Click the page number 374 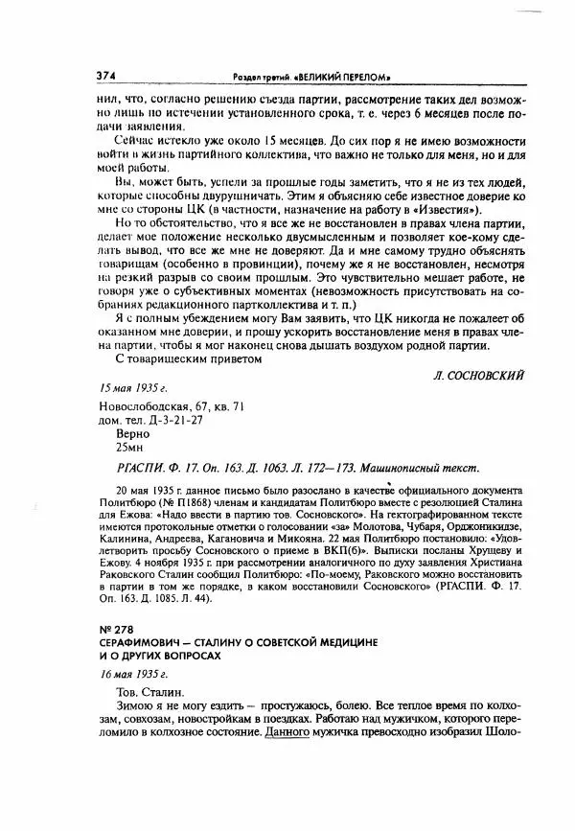[107, 76]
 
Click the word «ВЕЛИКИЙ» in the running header [331, 77]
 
